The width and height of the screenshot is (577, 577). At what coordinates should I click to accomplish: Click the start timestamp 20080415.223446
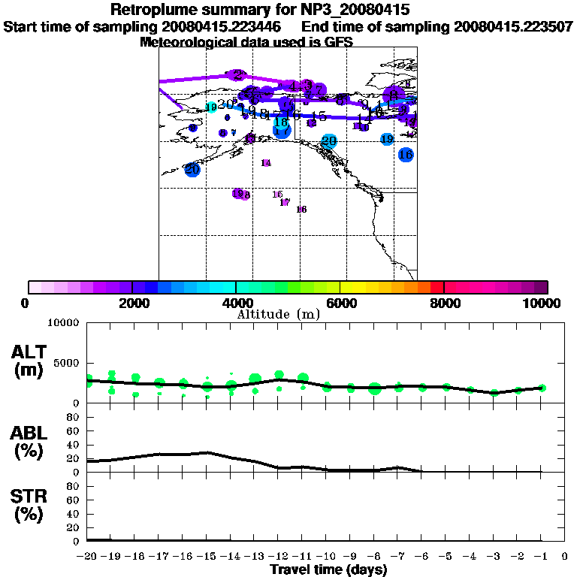[x=225, y=26]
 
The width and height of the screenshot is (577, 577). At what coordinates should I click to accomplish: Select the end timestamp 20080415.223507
[x=513, y=26]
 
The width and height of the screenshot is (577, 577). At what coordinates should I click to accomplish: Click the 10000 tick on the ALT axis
[x=64, y=323]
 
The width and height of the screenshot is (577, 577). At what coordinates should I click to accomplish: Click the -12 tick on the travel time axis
[x=279, y=557]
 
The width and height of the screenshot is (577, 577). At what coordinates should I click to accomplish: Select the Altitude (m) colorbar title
[x=278, y=314]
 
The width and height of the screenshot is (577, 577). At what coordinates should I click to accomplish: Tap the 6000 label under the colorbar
[x=340, y=303]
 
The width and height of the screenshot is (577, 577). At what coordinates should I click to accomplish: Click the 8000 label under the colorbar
[x=444, y=303]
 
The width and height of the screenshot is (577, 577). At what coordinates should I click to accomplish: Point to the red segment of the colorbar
[x=437, y=287]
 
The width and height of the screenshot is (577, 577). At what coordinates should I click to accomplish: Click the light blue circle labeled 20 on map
[x=329, y=140]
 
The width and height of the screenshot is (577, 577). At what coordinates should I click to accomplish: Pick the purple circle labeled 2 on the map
[x=237, y=75]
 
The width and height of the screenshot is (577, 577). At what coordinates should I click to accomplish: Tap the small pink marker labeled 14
[x=266, y=163]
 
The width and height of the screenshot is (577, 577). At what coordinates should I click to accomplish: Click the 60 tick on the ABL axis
[x=74, y=430]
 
